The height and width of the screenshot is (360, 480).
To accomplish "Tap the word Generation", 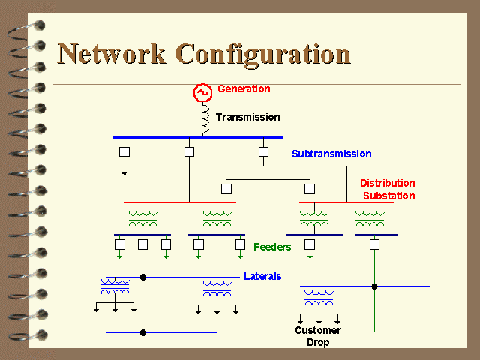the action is pos(244,88).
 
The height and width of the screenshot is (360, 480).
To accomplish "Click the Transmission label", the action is pos(248,117).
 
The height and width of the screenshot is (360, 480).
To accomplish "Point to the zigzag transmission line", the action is pos(205,118).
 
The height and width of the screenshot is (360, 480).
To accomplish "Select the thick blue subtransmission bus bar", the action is pos(198,137).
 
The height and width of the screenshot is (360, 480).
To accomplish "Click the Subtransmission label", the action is pos(331,154).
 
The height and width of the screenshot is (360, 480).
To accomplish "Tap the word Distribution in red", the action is pos(388,183).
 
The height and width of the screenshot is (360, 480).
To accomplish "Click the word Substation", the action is pos(389,196).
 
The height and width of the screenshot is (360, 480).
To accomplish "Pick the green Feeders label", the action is pos(272,247).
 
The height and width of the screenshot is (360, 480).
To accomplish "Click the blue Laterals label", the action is pos(262,276).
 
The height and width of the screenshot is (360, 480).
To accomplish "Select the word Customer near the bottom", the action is pos(318,330).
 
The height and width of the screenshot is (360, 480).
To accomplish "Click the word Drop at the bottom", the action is pos(318,342).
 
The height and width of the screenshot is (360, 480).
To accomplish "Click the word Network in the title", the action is pos(112,54).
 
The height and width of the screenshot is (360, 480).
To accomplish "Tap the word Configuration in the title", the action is pos(263,55).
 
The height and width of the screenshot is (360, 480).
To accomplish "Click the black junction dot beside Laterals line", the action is pos(142,277).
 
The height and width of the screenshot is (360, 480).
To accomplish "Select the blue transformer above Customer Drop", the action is pos(319,298).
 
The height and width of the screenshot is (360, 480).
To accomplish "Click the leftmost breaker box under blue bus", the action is pos(124,151).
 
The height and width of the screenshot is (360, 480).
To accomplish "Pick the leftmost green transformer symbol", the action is pos(143,219).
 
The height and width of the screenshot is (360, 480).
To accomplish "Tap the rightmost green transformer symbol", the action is pos(370,219).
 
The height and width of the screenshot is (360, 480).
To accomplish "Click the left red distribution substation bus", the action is pos(180,202).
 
